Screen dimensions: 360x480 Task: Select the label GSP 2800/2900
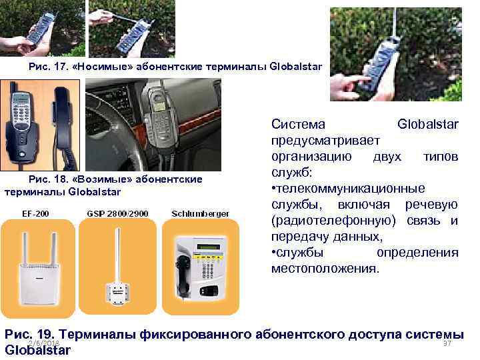coord(117,213)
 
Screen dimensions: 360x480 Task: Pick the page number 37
coord(447,343)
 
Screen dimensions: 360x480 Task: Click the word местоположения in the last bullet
coord(325,269)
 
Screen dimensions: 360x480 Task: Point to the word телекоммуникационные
coord(350,188)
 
